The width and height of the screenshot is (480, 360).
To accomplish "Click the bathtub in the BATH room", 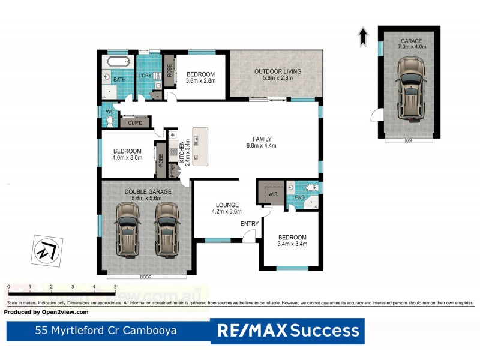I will click(x=118, y=62).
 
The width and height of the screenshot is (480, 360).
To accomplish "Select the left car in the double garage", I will click(x=127, y=228).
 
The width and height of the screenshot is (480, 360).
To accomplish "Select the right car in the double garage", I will click(x=167, y=228).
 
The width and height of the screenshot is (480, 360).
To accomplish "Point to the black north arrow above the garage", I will click(x=363, y=37).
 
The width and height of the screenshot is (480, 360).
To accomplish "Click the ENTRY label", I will click(x=249, y=224).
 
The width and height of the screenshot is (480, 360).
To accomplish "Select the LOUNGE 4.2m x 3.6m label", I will click(x=226, y=208).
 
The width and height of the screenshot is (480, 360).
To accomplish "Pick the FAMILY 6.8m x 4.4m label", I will click(x=261, y=142).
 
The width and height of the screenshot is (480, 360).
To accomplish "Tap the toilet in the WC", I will click(x=109, y=121).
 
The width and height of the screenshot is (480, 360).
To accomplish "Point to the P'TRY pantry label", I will click(x=173, y=172).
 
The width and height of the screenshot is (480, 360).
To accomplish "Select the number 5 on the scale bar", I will click(x=115, y=287).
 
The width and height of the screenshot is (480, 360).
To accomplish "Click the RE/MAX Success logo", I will click(x=287, y=330).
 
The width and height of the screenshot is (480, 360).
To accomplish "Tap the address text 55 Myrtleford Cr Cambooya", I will click(x=106, y=330).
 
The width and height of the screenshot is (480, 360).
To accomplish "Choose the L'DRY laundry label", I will click(x=145, y=76).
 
